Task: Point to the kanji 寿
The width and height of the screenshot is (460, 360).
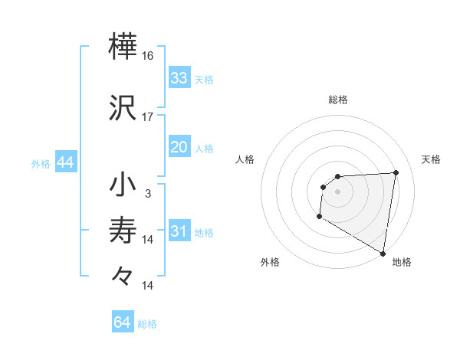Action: [123, 231]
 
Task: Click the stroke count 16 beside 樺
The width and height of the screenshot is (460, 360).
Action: [148, 57]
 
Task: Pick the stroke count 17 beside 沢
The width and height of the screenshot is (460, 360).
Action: [148, 117]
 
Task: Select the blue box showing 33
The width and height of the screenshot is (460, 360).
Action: [179, 78]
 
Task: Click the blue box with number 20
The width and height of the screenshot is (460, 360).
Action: [179, 147]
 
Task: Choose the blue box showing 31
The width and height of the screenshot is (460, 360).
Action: [179, 231]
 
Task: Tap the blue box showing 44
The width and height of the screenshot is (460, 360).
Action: [65, 163]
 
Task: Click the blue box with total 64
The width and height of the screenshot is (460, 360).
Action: [123, 322]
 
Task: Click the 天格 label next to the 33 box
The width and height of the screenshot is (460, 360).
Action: [203, 80]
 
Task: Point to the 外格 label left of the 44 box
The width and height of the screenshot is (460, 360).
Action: [41, 164]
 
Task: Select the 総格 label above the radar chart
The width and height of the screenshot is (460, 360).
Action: [338, 100]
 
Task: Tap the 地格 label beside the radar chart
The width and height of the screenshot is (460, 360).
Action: [402, 263]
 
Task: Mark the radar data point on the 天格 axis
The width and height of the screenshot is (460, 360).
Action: [396, 172]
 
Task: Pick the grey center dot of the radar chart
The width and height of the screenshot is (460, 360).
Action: [338, 191]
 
